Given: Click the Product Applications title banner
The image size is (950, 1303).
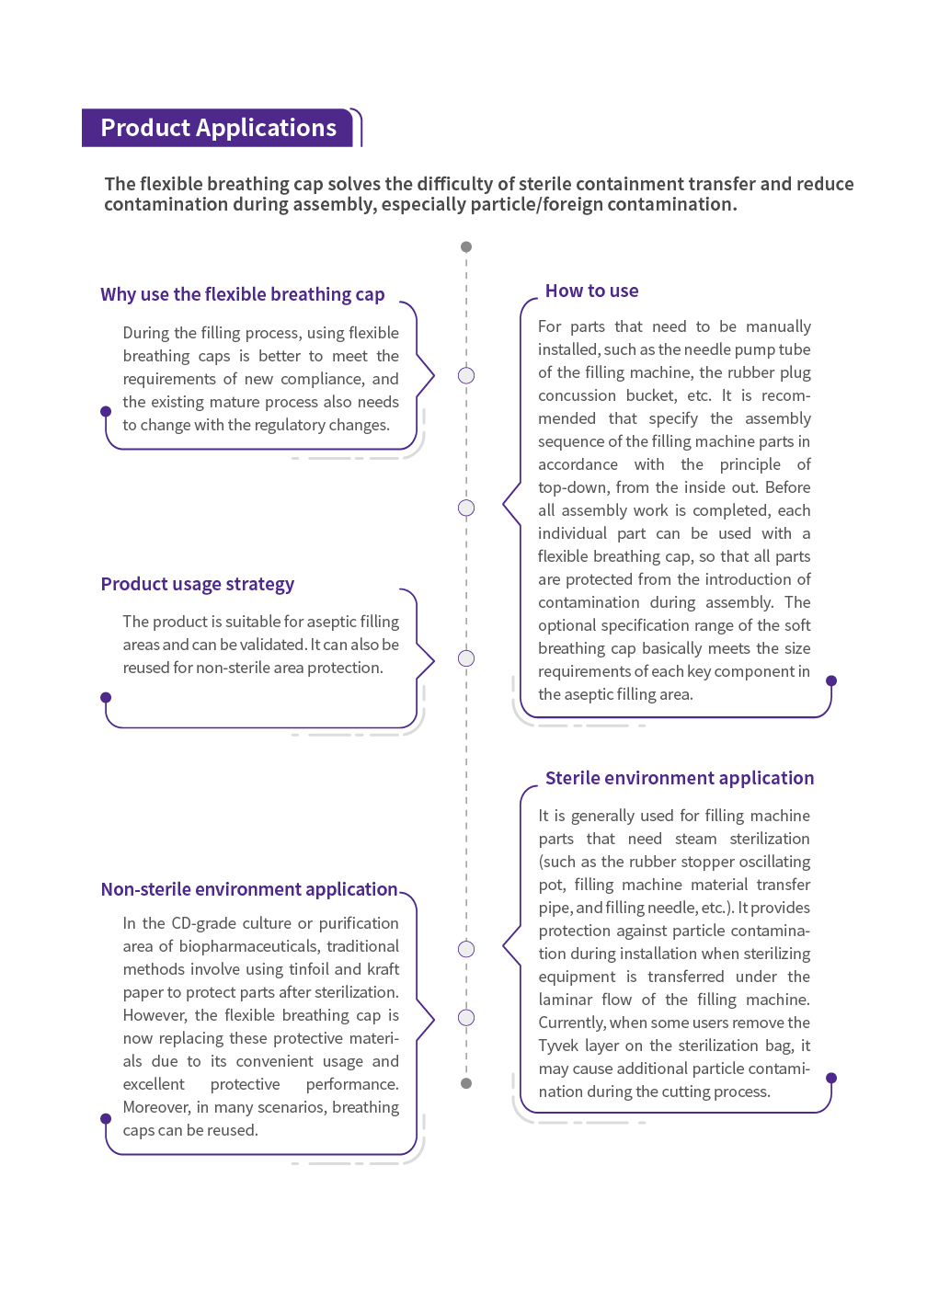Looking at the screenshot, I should tap(218, 128).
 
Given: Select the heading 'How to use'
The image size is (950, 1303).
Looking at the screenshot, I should tap(591, 291).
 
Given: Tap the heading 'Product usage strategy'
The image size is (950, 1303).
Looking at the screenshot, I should tap(197, 584).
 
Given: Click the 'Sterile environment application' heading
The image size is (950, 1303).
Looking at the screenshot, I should tap(679, 778).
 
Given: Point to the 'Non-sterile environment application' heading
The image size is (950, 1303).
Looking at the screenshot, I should tap(248, 889).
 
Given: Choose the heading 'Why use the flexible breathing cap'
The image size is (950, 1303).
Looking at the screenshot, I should tap(242, 294).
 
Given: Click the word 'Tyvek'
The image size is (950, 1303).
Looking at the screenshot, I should tap(558, 1046).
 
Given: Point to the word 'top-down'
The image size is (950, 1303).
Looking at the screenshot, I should tap(570, 487).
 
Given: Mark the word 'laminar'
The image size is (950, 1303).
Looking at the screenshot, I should tap(566, 1000).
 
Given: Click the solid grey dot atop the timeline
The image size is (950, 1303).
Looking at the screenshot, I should tap(466, 246).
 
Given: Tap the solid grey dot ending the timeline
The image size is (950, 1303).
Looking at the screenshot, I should tap(466, 1083).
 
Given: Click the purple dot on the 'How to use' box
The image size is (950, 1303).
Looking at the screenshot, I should tap(831, 680).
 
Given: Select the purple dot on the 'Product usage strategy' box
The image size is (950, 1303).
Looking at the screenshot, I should tap(106, 697).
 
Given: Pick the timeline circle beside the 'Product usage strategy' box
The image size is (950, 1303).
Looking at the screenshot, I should tap(466, 658).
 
